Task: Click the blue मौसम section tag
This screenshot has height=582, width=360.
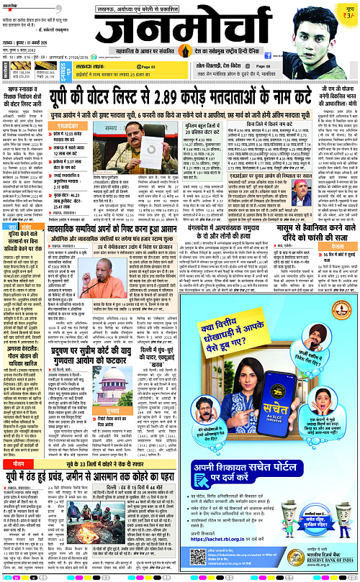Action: click(17, 467)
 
